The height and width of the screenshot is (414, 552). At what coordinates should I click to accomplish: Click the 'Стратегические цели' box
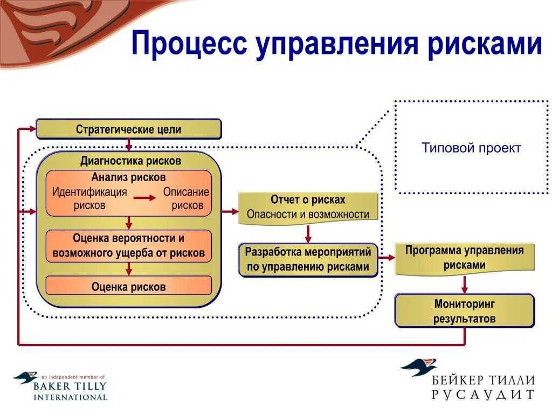(128, 129)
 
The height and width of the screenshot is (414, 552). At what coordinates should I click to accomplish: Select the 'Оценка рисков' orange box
(128, 286)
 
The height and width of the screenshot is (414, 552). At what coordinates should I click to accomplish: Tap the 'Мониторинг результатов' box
(464, 311)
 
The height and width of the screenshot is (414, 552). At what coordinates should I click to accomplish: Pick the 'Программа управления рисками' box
(464, 258)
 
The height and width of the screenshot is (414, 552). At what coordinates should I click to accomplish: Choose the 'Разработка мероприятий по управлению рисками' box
(308, 259)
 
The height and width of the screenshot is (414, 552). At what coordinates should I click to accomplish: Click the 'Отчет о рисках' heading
(308, 199)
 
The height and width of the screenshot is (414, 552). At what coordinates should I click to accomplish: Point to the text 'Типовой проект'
(471, 148)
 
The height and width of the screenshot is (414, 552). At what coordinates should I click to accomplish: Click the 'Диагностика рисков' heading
(130, 161)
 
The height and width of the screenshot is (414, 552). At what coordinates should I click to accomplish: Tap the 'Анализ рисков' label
(128, 177)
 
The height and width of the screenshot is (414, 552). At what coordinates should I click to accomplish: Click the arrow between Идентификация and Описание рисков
(145, 198)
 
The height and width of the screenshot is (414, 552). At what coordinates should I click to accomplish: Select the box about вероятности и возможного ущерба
(128, 246)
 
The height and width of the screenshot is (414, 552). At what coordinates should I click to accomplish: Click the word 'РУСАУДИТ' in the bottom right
(483, 395)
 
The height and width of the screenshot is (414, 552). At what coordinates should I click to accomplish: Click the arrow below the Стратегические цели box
(128, 144)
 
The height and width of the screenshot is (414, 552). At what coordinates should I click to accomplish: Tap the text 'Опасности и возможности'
(308, 214)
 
